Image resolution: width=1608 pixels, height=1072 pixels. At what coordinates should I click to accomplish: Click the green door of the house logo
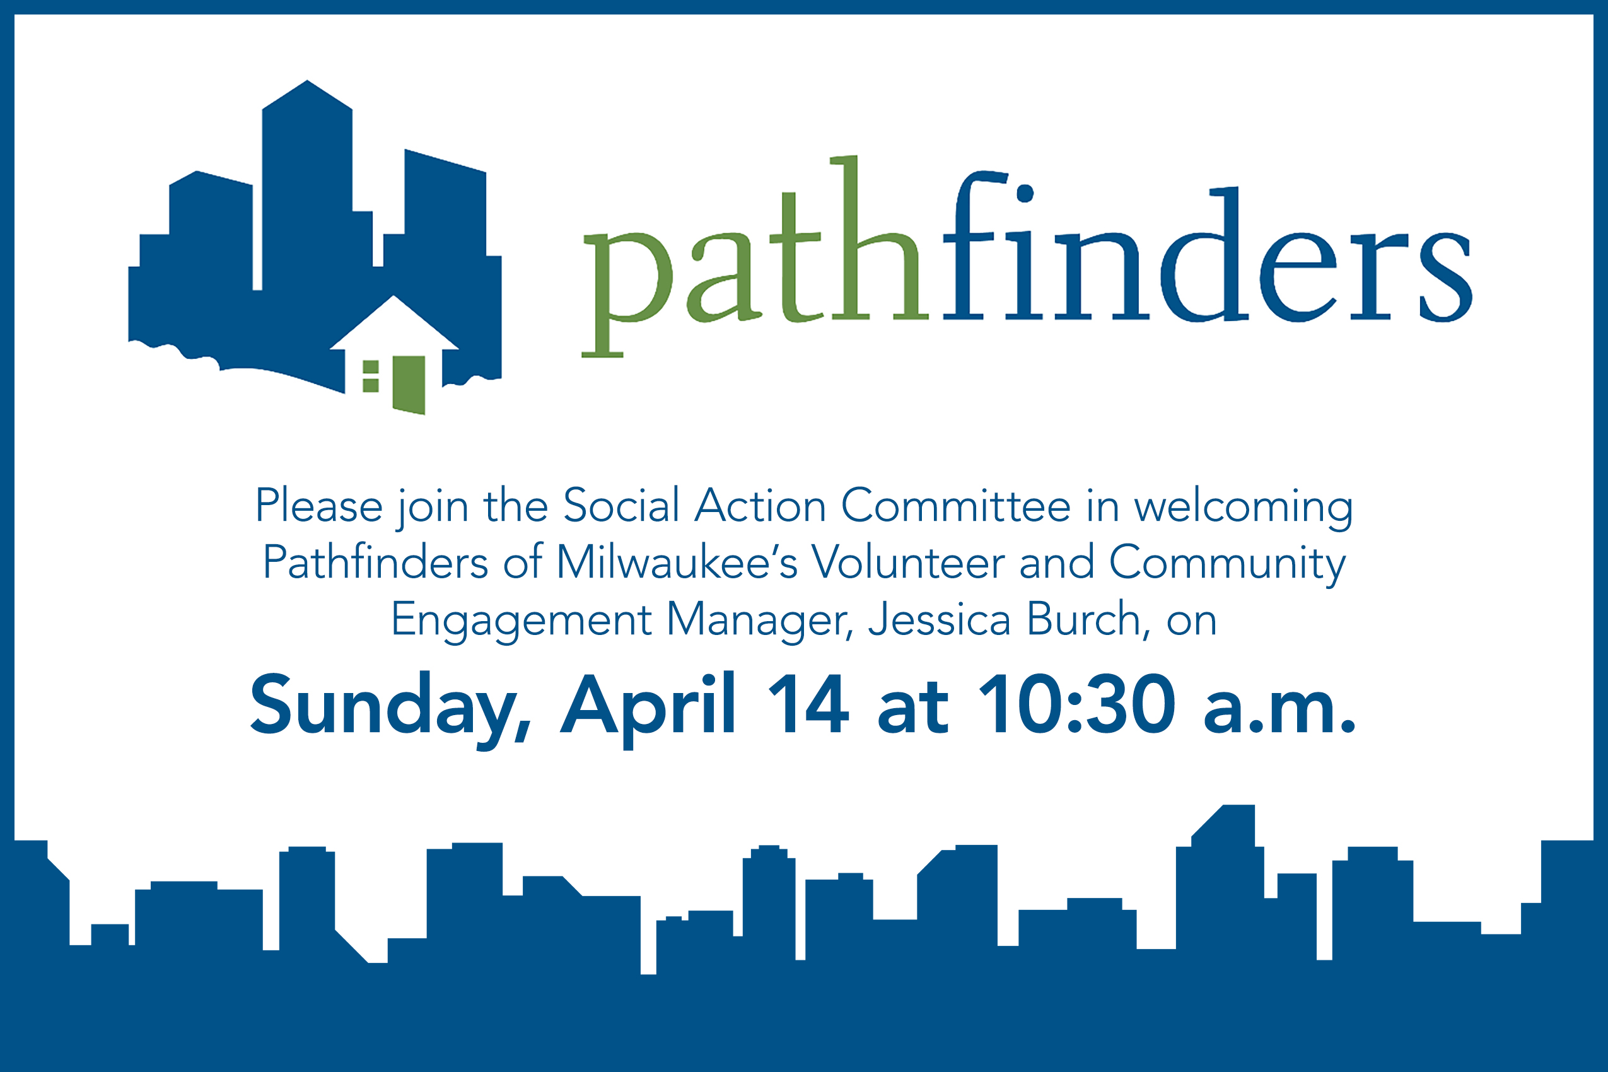[409, 385]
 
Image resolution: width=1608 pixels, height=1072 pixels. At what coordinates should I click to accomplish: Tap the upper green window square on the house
[371, 368]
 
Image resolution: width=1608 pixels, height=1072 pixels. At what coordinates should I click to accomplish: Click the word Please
[318, 506]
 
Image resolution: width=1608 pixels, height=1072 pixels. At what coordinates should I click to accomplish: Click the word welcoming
[1243, 510]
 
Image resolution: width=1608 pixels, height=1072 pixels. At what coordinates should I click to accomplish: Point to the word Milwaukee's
[677, 562]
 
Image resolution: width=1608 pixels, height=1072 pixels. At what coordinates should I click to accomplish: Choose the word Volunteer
[908, 562]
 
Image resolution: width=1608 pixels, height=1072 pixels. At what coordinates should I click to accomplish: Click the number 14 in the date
[808, 704]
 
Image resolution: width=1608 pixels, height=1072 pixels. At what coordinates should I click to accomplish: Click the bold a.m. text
[1278, 712]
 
